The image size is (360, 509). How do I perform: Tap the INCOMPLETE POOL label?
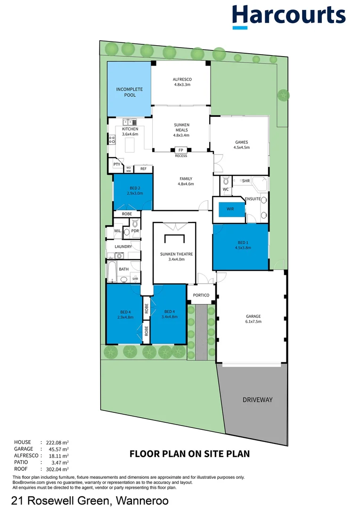click(130, 92)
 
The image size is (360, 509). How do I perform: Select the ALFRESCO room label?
click(181, 82)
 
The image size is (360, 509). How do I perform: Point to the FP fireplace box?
click(181, 150)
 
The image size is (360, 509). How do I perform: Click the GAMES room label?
click(241, 145)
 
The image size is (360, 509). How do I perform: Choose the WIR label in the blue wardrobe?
click(230, 209)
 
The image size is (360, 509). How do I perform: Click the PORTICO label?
click(201, 295)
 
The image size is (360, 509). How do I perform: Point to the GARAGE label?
click(253, 319)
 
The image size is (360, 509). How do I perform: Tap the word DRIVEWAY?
click(257, 400)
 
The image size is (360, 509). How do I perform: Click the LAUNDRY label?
click(123, 246)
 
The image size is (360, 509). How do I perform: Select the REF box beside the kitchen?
click(143, 169)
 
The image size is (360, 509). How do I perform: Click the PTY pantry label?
click(116, 164)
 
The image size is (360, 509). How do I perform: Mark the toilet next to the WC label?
click(226, 181)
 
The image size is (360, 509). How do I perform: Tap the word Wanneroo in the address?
click(139, 500)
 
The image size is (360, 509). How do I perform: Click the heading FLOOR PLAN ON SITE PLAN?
click(189, 454)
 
